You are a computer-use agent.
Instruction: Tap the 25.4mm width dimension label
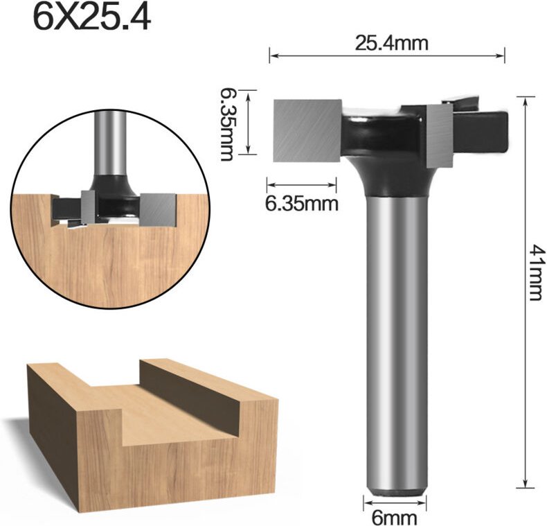point(391,43)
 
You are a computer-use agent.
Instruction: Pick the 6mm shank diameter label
point(389,516)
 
